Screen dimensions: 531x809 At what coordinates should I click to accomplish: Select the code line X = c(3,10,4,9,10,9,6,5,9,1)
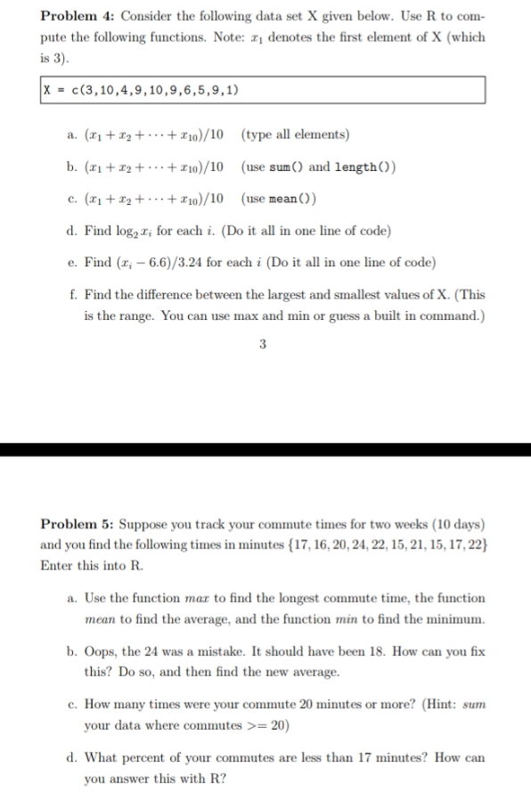click(143, 90)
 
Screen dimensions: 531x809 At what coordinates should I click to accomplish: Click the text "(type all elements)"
click(295, 135)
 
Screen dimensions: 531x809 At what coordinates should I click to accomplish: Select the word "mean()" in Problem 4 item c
click(297, 198)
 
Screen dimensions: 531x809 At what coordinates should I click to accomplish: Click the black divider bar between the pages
click(265, 449)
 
